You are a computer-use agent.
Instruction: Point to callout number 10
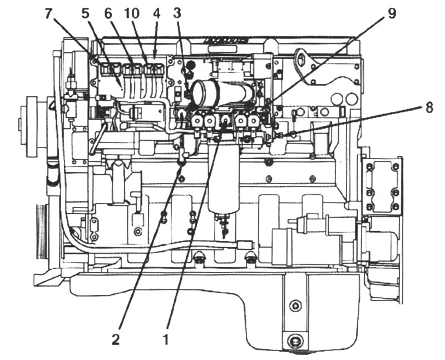click(132, 13)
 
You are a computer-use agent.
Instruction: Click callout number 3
click(177, 13)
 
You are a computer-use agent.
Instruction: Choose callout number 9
click(392, 13)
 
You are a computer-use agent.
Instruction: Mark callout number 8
click(429, 107)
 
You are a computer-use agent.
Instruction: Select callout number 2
click(116, 339)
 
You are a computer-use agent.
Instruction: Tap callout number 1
click(165, 339)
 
